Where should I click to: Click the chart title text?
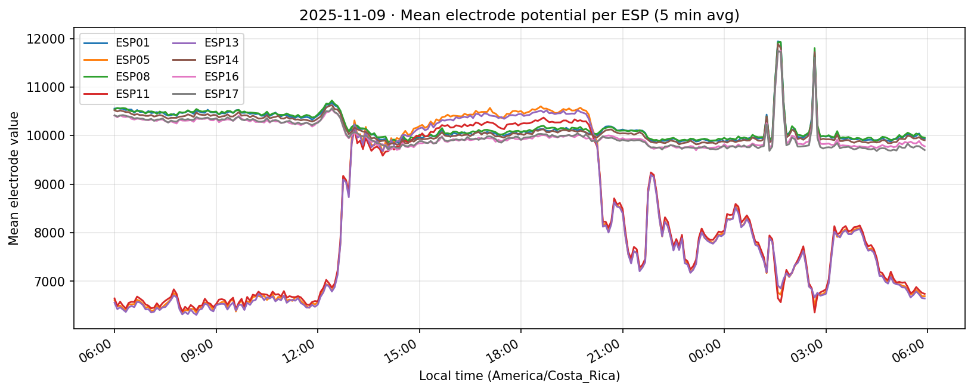(x=519, y=16)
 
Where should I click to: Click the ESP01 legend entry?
(x=132, y=43)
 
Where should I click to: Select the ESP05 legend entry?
(x=132, y=60)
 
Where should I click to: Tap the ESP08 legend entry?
(x=132, y=77)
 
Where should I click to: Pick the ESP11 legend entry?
(x=132, y=94)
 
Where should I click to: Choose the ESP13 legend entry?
(x=221, y=43)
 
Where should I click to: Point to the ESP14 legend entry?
(x=221, y=60)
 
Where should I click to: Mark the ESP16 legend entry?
(x=221, y=77)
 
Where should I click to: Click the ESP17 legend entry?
(x=221, y=94)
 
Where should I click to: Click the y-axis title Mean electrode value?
(x=14, y=178)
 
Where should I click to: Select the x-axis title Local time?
(x=519, y=376)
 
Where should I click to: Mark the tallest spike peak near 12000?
(x=778, y=42)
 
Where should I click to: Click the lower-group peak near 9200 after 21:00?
(x=651, y=172)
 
